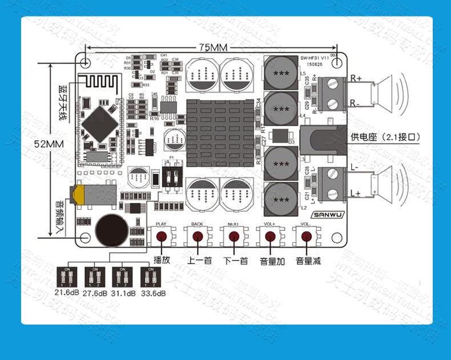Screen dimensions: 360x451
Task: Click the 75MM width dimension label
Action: click(x=212, y=47)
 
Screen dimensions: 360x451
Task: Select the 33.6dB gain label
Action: click(x=152, y=293)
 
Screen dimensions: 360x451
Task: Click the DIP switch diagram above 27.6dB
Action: click(x=94, y=278)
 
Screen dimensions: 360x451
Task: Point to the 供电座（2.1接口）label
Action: click(x=385, y=137)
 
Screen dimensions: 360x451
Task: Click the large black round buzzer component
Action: click(x=111, y=230)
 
